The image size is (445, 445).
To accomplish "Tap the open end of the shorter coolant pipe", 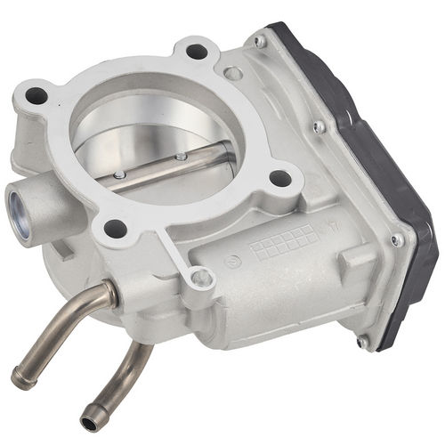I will [x=89, y=424].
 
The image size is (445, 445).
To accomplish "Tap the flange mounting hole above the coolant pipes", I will [x=115, y=228].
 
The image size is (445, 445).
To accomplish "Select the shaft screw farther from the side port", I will [x=182, y=158].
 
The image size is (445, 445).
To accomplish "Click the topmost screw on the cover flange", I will [x=259, y=41].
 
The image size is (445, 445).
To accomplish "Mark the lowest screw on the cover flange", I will [x=362, y=340].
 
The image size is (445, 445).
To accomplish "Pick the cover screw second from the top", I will [x=319, y=126].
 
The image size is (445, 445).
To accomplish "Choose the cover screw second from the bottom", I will [x=397, y=239].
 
